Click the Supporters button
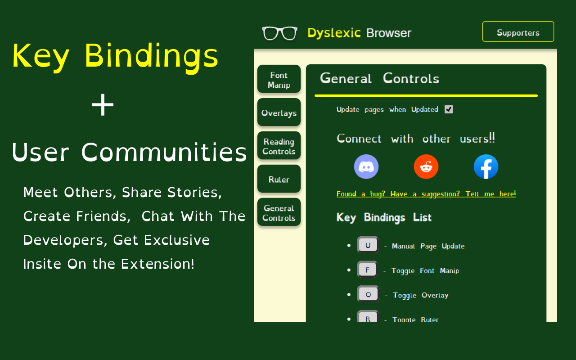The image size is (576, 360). coord(518,32)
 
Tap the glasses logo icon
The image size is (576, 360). coord(279,33)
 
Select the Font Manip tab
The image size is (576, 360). coord(279,80)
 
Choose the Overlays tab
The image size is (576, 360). coord(279,113)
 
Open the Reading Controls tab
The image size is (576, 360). coord(279,147)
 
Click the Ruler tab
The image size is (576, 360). coord(279,180)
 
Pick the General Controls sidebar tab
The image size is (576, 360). coord(279,213)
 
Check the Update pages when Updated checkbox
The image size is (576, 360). coord(449,109)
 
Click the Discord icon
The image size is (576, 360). coord(366,166)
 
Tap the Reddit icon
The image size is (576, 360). coord(426,166)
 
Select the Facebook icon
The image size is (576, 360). coord(486,166)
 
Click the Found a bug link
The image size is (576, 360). coord(426,194)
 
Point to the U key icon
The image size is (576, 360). coord(368,245)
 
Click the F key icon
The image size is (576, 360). coord(368,270)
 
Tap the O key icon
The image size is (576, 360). coord(368,294)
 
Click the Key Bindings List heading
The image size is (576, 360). coord(384,218)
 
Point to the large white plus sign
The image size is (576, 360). coord(103,106)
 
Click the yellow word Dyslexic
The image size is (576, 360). coord(334,33)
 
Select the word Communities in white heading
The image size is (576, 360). coord(164,152)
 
